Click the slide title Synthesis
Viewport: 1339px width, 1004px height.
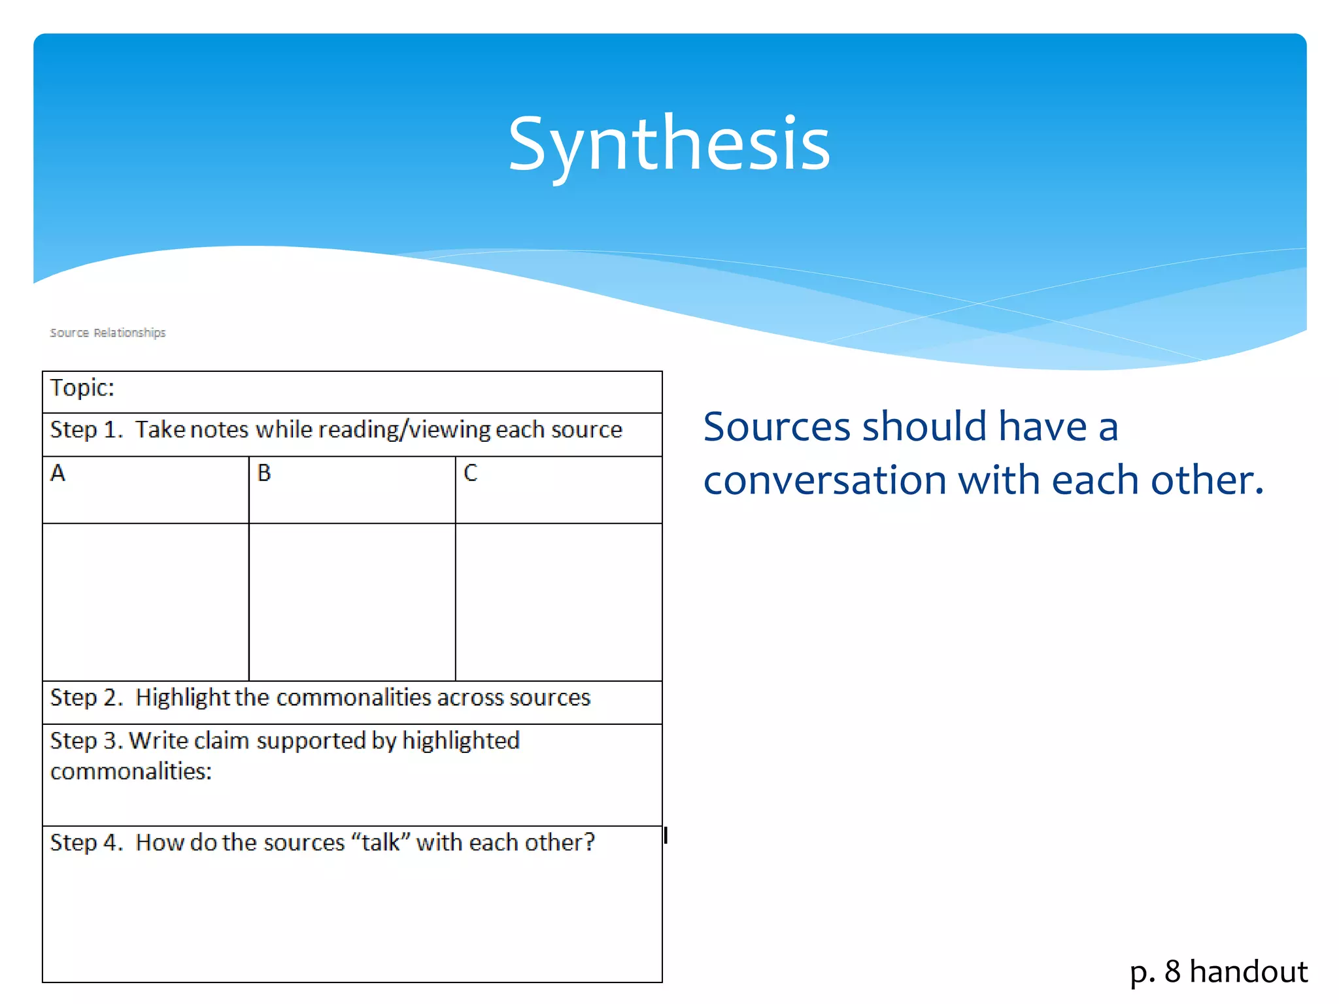pos(669,144)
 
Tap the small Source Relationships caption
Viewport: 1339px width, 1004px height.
pos(108,333)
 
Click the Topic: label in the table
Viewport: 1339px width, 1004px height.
pos(82,388)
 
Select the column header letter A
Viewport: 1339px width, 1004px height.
pos(58,473)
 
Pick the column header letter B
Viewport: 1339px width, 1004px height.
pos(264,473)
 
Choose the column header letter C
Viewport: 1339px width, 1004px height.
pos(471,473)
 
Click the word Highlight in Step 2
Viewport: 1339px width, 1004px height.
pos(182,698)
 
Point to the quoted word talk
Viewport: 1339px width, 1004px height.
pos(381,843)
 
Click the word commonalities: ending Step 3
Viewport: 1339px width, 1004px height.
pos(131,772)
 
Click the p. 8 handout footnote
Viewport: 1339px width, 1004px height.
pos(1218,971)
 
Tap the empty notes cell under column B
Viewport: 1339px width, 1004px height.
pos(352,601)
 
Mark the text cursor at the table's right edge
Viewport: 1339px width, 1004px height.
pos(666,835)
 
